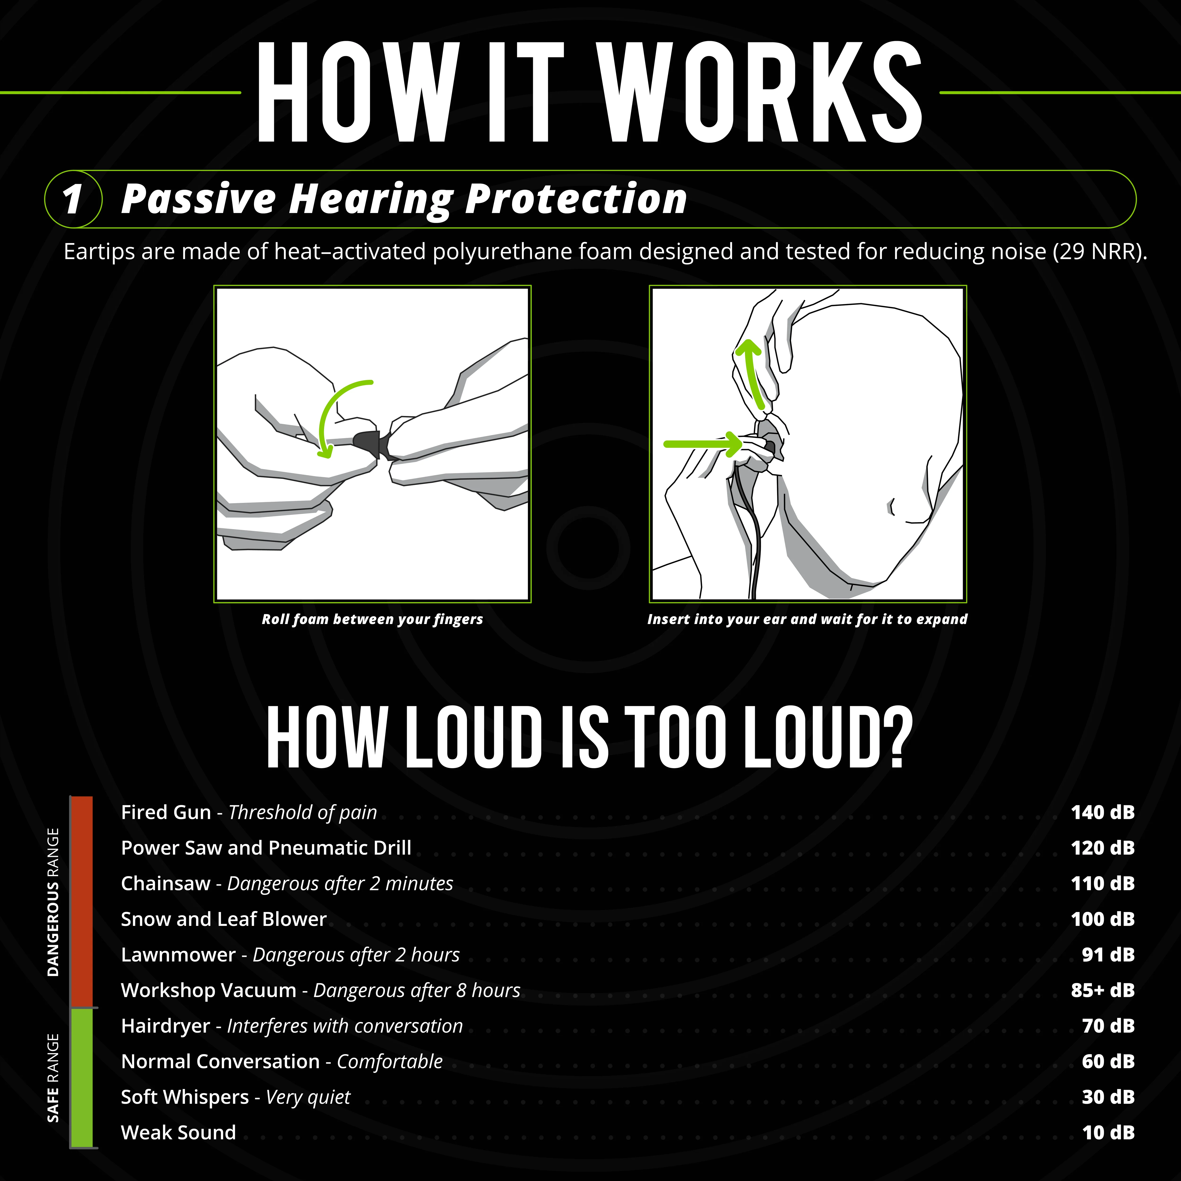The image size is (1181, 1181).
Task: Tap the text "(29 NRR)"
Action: (1099, 252)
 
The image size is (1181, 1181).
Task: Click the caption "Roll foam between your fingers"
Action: (372, 619)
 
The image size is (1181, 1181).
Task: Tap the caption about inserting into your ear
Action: (807, 619)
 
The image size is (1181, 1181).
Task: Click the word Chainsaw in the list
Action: (166, 883)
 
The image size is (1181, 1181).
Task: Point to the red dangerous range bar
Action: (81, 902)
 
